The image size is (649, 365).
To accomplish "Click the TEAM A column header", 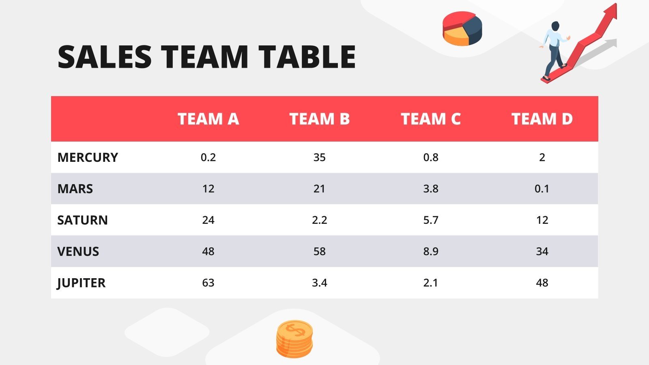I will tap(208, 119).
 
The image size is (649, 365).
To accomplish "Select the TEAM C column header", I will tap(431, 119).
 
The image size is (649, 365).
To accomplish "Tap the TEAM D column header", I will tap(542, 119).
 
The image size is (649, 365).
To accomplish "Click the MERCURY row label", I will tap(88, 157).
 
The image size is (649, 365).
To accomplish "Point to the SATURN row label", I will tap(82, 220).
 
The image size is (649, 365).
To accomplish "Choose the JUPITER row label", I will tap(81, 283).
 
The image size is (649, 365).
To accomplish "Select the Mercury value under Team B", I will tap(319, 157).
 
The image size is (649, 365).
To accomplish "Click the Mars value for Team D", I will tap(542, 189).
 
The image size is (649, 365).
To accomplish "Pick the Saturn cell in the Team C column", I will tap(431, 220).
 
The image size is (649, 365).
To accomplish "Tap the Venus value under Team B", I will tap(319, 251).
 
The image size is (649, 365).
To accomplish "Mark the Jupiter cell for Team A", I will tap(208, 283).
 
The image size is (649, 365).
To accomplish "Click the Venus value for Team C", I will tap(431, 251).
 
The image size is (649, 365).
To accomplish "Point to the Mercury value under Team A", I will tap(208, 157).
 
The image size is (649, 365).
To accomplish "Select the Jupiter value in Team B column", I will tap(319, 283).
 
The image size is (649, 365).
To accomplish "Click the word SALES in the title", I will tap(105, 57).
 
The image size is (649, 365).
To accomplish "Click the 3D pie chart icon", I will tap(462, 28).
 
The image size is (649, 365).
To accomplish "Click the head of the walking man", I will tap(555, 26).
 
